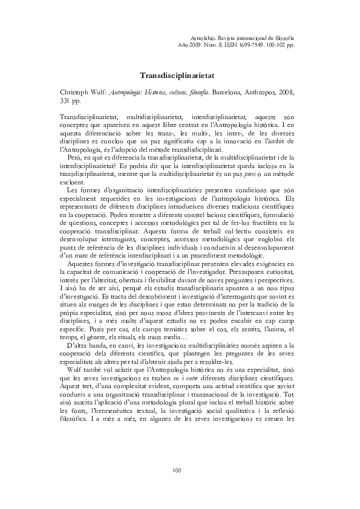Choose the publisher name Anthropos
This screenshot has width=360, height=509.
point(259,92)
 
